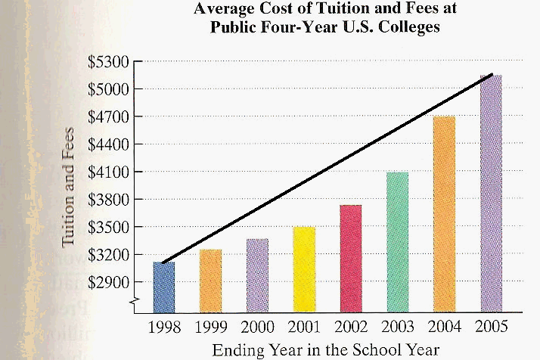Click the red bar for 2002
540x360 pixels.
pyautogui.click(x=350, y=259)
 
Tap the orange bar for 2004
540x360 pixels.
pyautogui.click(x=444, y=214)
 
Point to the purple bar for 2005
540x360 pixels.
pyautogui.click(x=491, y=194)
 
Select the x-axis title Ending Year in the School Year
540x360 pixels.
pyautogui.click(x=325, y=349)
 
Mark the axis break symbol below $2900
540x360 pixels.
pyautogui.click(x=135, y=303)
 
